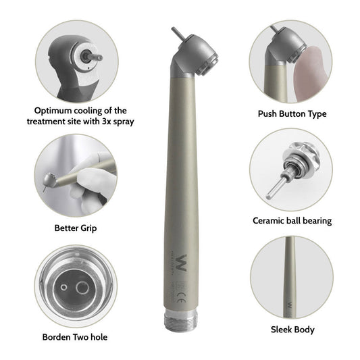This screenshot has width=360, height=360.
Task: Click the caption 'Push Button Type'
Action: (x=291, y=114)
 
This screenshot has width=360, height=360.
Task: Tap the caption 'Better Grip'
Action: (x=75, y=228)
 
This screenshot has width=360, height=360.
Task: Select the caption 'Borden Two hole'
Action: (x=75, y=336)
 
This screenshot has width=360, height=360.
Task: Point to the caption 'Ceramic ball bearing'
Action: (x=292, y=220)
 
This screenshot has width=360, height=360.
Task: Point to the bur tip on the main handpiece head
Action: (x=175, y=32)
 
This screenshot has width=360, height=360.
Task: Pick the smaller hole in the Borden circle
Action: (x=64, y=286)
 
